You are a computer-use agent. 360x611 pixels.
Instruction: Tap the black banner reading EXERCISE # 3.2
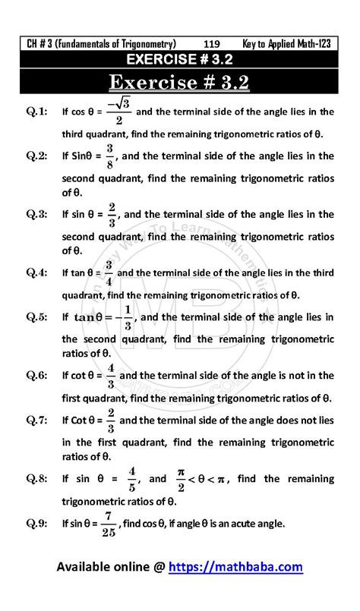coord(180,58)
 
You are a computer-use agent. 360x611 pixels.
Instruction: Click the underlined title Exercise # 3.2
coord(180,81)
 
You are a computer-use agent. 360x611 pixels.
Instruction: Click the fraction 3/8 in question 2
coord(110,156)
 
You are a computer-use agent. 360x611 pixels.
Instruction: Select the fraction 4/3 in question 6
coord(111,375)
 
